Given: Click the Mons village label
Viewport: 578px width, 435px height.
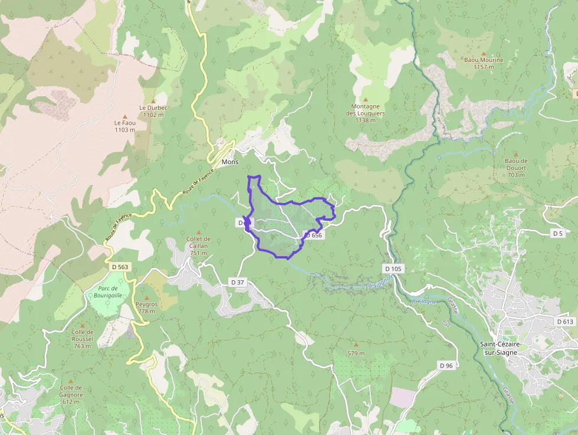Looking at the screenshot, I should (229, 162).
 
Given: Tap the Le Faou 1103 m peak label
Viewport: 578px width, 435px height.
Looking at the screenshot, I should (125, 126).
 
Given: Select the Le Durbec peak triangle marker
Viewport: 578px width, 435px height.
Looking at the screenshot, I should (153, 101).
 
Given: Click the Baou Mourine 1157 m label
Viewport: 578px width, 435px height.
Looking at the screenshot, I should (484, 63).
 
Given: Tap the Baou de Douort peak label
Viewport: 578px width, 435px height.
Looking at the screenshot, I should (516, 167).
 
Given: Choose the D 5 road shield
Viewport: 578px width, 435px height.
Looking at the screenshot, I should (558, 233).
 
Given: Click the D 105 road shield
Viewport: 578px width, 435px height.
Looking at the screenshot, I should (393, 269).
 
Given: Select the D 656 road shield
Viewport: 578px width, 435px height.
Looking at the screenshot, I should (313, 235).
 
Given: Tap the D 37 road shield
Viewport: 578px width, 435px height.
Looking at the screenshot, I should (237, 282).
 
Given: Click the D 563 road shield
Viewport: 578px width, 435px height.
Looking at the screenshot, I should (120, 267).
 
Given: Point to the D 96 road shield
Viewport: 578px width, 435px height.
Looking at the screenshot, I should (446, 366).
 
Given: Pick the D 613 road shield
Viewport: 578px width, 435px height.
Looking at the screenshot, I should (564, 321).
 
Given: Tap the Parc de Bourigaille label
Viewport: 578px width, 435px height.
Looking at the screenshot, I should (107, 291).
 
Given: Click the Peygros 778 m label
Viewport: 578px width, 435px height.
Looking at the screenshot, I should (147, 308).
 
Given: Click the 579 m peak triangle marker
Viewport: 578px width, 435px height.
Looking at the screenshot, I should (356, 344).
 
